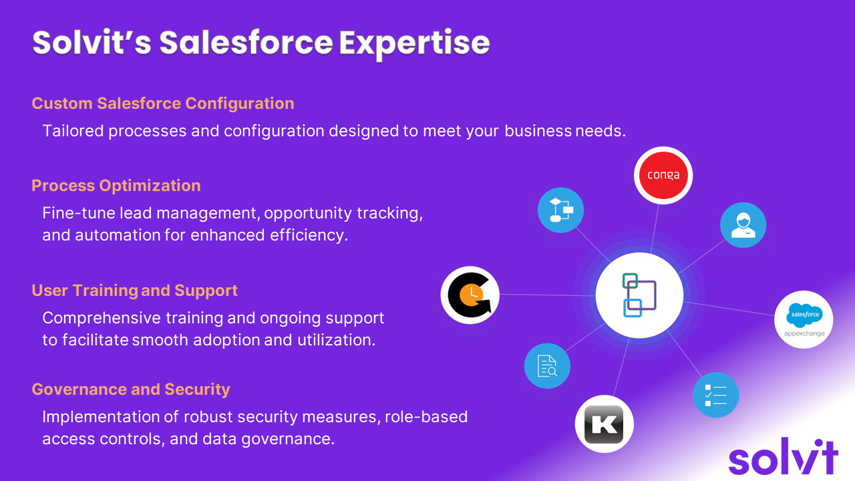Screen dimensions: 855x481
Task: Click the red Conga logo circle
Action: [x=663, y=175]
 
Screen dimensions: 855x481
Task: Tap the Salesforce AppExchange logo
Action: [x=804, y=319]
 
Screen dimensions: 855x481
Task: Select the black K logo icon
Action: [x=605, y=424]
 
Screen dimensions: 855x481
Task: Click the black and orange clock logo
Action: [x=470, y=295]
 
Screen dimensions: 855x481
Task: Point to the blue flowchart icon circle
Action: [x=560, y=210]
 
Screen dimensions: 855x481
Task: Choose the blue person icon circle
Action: [x=743, y=225]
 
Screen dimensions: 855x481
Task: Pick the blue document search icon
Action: [x=547, y=365]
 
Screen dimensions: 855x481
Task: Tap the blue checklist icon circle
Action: [x=716, y=395]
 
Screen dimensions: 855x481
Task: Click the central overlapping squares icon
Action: [x=639, y=295]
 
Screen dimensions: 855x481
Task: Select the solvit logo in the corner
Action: [x=784, y=456]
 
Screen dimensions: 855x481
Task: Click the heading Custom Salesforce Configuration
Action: [x=163, y=104]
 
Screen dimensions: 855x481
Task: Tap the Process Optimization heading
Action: [x=116, y=186]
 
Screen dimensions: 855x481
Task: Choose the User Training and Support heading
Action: [x=135, y=291]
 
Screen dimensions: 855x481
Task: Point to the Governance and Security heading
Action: [x=131, y=389]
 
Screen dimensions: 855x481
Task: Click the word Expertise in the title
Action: [x=415, y=43]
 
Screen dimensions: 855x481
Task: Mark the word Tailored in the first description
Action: [x=73, y=131]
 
